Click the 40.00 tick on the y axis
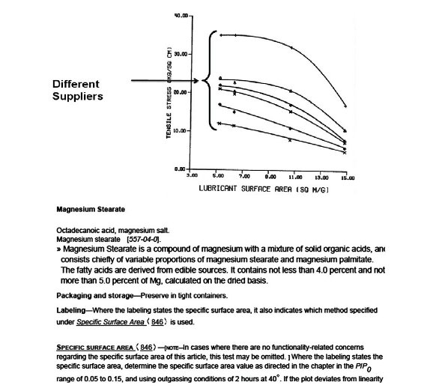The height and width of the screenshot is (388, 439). click(x=180, y=16)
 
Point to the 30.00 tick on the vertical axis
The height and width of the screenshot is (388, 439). click(x=180, y=54)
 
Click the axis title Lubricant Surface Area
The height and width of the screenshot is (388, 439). click(x=264, y=190)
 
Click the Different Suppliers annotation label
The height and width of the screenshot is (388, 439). click(x=77, y=90)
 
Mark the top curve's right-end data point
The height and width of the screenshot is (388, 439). click(x=345, y=106)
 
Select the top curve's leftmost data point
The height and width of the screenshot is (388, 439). click(x=219, y=34)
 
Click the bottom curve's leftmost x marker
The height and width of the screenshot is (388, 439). click(x=219, y=123)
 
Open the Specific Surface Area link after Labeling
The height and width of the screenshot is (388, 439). click(x=112, y=321)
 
